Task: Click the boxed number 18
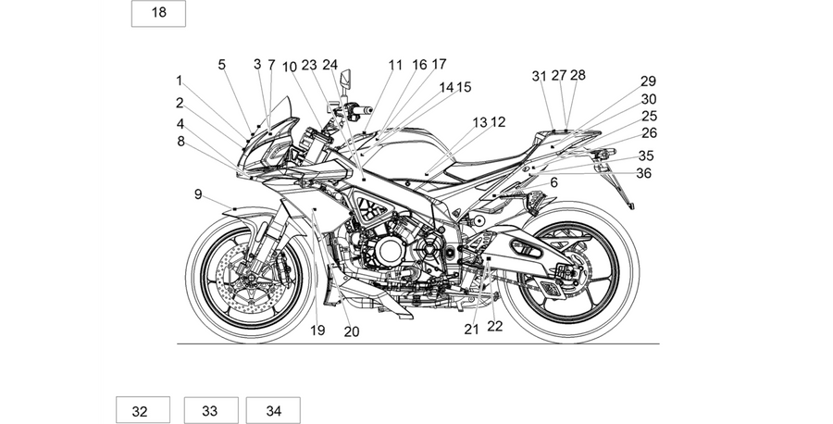[x=158, y=13]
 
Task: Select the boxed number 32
[x=143, y=410]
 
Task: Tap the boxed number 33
[x=211, y=410]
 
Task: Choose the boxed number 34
[x=273, y=410]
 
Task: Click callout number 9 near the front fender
[x=198, y=194]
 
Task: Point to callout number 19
[x=317, y=330]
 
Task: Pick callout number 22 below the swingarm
[x=494, y=326]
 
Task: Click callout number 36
[x=643, y=173]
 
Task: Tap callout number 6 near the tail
[x=554, y=182]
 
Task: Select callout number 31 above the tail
[x=540, y=77]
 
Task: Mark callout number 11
[x=395, y=66]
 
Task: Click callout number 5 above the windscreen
[x=221, y=65]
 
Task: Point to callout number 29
[x=648, y=81]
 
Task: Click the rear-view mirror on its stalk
[x=346, y=79]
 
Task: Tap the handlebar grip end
[x=368, y=111]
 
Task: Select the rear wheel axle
[x=567, y=272]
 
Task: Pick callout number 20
[x=352, y=331]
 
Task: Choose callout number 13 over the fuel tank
[x=479, y=123]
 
